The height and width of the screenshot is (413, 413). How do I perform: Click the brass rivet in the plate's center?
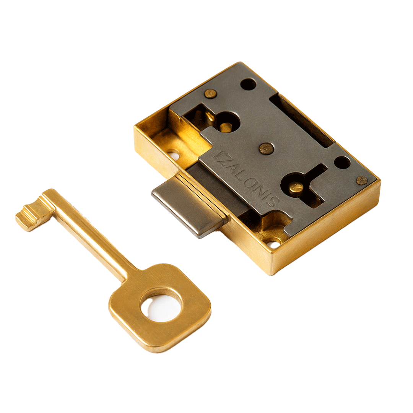point(266,148)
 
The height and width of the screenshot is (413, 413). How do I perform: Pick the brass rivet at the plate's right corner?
point(362,180)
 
